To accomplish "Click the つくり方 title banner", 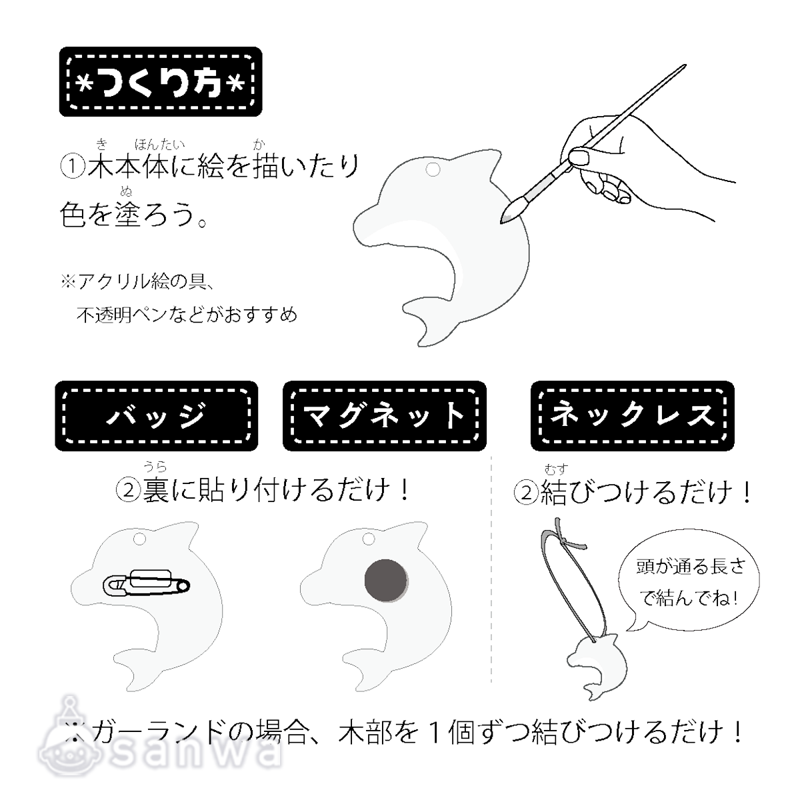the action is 161,81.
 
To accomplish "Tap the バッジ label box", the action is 157,415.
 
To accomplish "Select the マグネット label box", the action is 385,415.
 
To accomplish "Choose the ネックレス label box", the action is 632,415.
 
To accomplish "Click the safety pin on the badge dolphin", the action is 147,583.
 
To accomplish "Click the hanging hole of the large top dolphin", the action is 433,169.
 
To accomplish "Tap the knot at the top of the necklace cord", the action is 565,541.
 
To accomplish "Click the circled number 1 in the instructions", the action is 73,167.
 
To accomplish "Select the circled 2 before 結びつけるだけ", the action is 526,493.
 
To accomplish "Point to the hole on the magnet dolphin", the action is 368,539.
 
